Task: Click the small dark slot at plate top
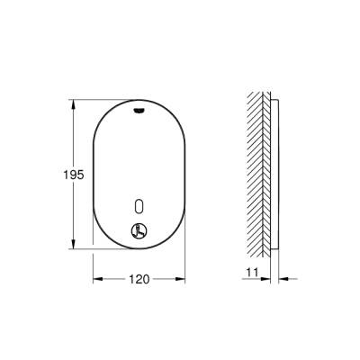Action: [139, 113]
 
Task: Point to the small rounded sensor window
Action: [139, 205]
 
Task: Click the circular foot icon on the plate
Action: [139, 230]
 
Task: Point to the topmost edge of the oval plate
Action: [139, 101]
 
